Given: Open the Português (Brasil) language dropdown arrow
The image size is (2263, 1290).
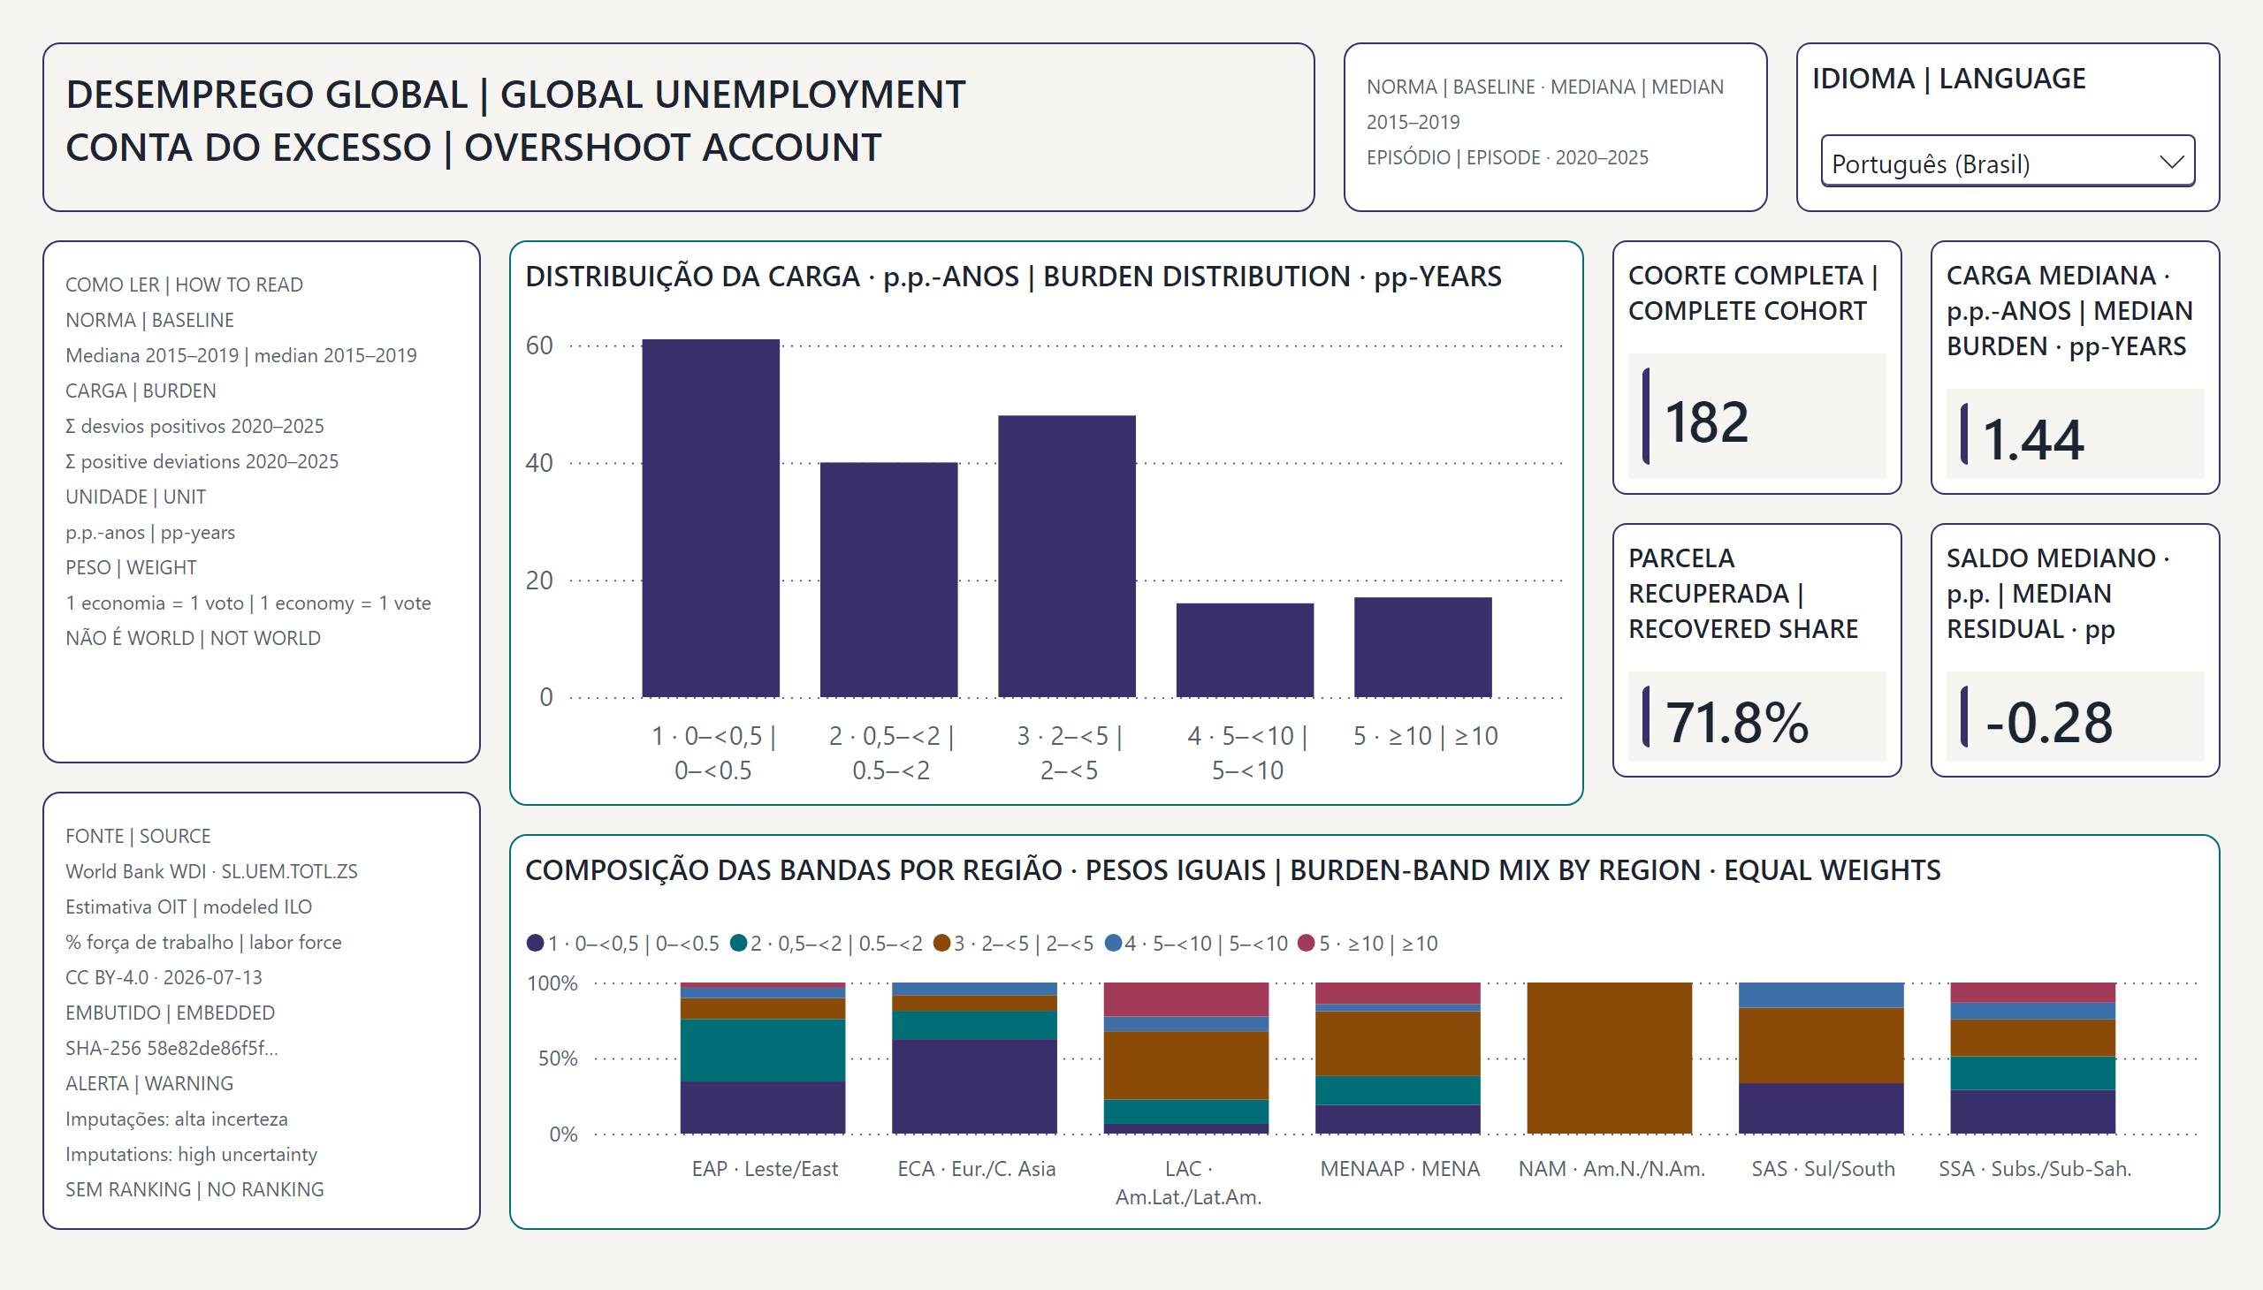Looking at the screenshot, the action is coord(2171,163).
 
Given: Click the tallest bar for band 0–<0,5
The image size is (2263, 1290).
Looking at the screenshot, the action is coord(711,519).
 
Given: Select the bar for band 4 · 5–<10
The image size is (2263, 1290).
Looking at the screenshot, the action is coord(1245,650).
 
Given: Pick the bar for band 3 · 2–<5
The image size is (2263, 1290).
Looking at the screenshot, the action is coord(1066,557).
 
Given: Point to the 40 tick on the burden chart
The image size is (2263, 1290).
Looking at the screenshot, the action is coord(539,462).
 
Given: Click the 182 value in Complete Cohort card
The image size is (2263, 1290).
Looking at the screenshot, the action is coord(1706,421).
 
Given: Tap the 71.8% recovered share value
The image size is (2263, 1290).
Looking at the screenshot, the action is coord(1736,722).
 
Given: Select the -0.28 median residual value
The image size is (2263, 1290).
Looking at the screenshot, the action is coord(2048,722).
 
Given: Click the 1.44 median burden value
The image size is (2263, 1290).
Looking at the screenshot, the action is coord(2032,439).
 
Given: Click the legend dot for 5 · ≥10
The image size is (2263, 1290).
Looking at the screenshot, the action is coord(1306,943).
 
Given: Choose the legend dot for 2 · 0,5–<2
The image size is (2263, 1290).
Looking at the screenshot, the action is coord(738,943).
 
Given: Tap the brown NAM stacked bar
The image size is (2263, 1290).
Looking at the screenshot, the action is coord(1609,1058).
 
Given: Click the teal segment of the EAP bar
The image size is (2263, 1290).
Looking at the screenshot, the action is coord(762,1051).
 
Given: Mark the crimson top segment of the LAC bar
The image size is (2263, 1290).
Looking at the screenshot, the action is coord(1186,999).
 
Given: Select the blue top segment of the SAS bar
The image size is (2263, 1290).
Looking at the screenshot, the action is coord(1821,995).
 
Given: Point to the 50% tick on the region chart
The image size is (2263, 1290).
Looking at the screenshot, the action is coord(558,1058).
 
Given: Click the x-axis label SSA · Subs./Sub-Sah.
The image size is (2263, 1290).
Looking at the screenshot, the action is coord(2034,1169).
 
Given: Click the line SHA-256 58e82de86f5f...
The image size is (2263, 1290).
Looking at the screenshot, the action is coord(172,1048).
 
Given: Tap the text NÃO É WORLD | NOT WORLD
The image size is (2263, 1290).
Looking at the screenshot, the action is coord(194,638).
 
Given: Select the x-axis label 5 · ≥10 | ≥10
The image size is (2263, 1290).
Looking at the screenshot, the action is coord(1425,735).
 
